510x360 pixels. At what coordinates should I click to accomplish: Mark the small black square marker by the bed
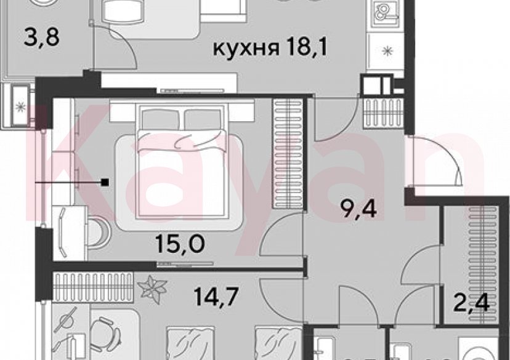click(105, 182)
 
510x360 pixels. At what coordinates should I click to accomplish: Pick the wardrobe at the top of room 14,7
click(92, 286)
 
